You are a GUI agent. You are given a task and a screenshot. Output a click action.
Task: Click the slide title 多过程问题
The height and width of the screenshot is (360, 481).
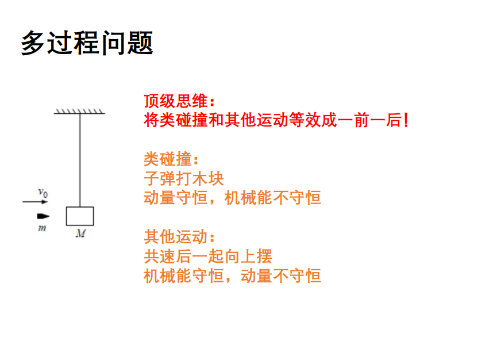(87, 43)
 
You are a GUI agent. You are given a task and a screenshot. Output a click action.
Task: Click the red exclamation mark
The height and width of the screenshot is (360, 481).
(406, 121)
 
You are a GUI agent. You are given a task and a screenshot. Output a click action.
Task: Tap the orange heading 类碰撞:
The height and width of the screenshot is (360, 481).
(171, 159)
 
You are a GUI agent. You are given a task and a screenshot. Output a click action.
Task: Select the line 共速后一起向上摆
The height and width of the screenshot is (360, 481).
(207, 256)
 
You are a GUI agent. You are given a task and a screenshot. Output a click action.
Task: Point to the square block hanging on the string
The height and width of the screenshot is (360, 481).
(80, 216)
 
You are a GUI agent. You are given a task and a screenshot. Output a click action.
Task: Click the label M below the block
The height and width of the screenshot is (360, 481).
(80, 233)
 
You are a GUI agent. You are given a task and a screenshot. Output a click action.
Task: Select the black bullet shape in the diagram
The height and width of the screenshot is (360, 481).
(43, 216)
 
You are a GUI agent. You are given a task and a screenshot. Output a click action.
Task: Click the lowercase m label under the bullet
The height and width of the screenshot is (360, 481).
(41, 228)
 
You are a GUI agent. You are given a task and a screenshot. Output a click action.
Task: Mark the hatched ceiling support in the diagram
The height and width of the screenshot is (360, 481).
(80, 110)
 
